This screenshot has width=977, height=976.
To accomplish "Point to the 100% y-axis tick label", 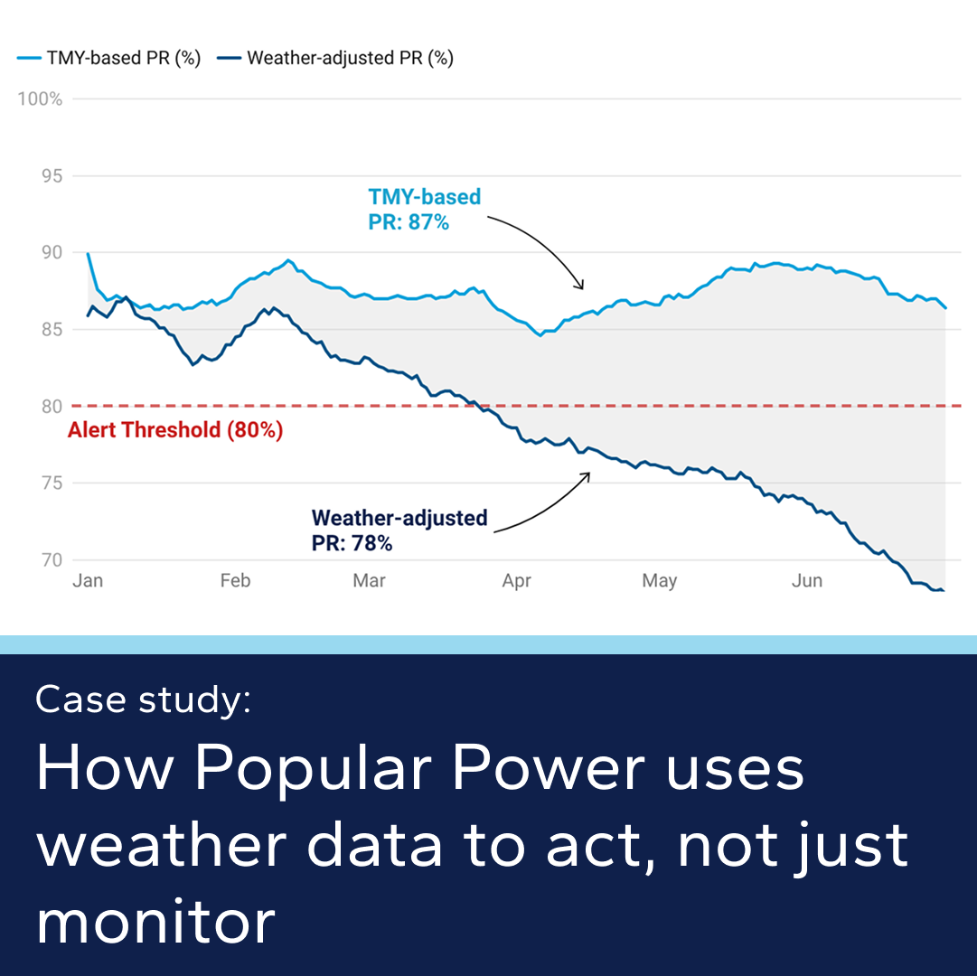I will click(41, 99).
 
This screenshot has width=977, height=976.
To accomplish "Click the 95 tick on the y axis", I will click(52, 175).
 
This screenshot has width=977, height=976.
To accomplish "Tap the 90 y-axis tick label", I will click(52, 252).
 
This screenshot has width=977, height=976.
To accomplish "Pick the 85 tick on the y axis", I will click(52, 329).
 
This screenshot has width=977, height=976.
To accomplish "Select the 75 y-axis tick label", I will click(52, 483).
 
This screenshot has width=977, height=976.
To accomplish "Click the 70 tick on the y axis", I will click(52, 559).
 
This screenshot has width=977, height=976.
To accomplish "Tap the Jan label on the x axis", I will click(88, 580).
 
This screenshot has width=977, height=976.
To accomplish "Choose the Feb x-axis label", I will click(235, 580).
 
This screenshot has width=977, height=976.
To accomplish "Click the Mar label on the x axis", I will click(370, 580).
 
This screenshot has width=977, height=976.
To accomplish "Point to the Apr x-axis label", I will click(516, 580).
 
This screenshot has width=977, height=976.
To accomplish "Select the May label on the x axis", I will click(660, 580).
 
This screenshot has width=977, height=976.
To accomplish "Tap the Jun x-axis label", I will click(807, 580).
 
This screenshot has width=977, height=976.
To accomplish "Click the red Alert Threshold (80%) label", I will click(175, 430).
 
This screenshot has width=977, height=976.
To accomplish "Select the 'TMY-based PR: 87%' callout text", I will click(424, 209).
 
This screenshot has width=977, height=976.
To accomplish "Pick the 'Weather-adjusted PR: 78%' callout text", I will click(399, 530).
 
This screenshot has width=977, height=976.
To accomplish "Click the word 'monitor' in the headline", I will click(155, 922).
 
